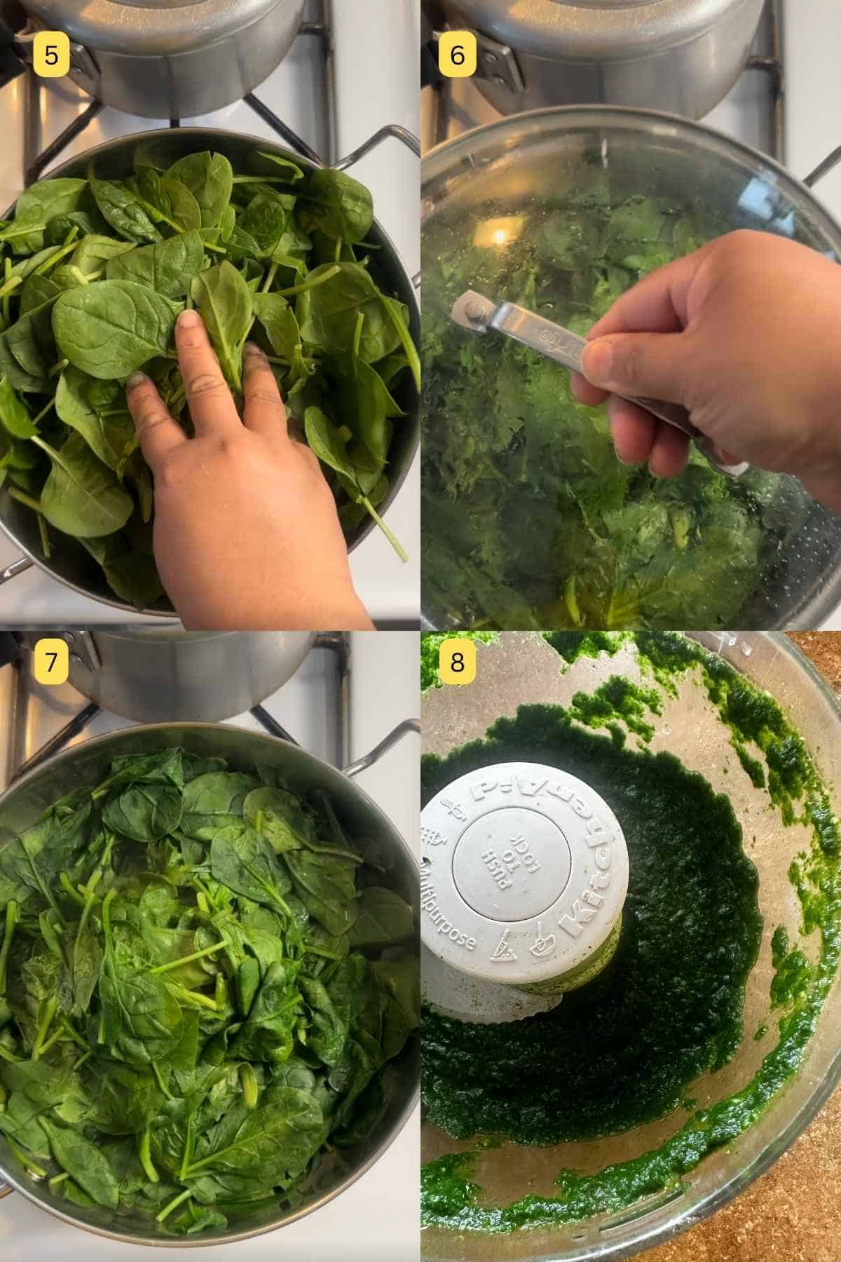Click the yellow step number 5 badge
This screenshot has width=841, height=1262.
pyautogui.click(x=50, y=55)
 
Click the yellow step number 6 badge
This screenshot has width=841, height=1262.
pyautogui.click(x=457, y=55)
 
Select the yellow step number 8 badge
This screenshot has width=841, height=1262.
pyautogui.click(x=457, y=661)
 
